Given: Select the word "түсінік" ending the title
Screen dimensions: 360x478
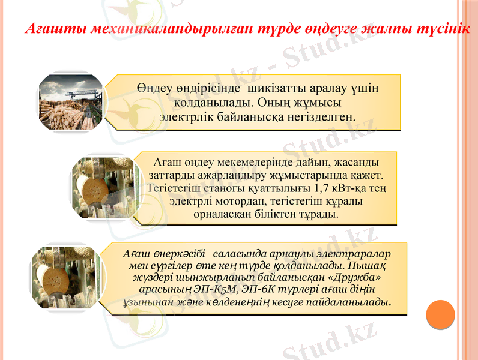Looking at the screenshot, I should pyautogui.click(x=443, y=28).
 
